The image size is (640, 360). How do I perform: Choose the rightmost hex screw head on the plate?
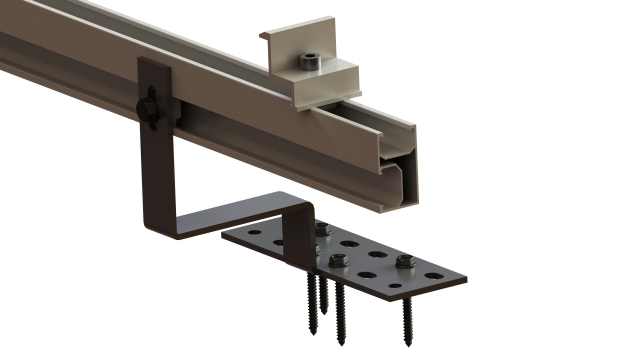pos(405,263)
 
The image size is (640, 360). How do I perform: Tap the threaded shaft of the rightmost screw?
pos(407,315)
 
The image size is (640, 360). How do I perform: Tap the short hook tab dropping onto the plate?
pos(298,240)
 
